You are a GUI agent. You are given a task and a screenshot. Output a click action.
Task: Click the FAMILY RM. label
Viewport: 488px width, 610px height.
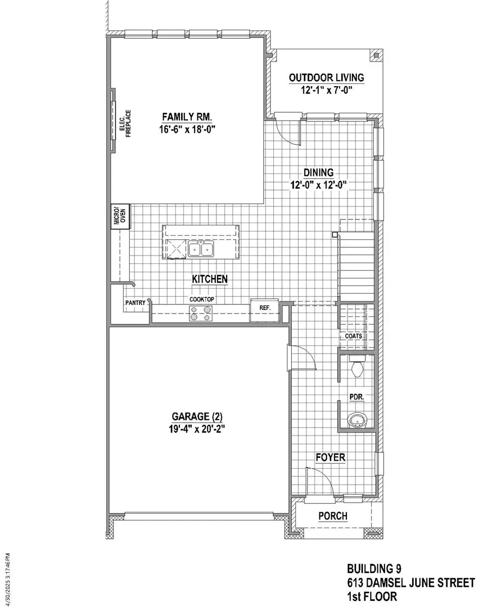coord(187,117)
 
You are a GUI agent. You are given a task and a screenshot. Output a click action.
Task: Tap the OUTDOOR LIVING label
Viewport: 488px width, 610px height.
coord(326,77)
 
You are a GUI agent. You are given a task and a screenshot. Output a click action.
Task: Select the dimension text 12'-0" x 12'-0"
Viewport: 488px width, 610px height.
coord(318,185)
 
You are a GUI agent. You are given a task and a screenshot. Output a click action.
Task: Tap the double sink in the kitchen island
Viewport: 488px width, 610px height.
coord(201,250)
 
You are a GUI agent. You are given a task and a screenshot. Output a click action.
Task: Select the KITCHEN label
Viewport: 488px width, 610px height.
coord(209,280)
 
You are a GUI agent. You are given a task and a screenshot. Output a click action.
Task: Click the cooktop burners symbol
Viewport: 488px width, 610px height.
coord(201,313)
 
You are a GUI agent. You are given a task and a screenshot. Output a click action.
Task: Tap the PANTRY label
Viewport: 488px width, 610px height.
coord(135,302)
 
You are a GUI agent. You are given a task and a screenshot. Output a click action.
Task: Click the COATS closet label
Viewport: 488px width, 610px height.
coord(354,336)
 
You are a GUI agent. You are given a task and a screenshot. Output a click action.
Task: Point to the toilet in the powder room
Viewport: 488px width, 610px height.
coord(357,369)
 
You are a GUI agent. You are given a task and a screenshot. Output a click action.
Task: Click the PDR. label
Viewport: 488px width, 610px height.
coord(356,397)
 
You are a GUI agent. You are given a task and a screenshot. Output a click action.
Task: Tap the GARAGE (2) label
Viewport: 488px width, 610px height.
coord(197,417)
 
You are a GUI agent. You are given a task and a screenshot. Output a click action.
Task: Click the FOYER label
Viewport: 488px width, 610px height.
coord(331,458)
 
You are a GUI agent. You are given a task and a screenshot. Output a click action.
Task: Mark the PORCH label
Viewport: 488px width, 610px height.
coord(333,516)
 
